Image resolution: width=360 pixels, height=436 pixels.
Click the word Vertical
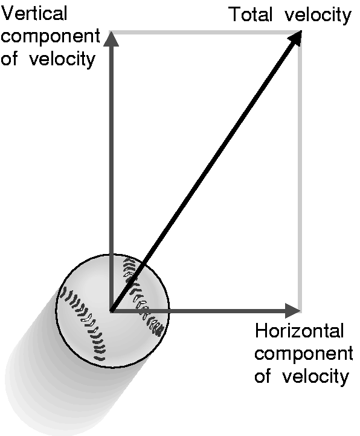[34, 13]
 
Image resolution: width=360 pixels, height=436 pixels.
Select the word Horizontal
[300, 331]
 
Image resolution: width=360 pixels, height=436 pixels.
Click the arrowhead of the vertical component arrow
[111, 39]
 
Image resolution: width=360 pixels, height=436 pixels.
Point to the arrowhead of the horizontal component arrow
[293, 311]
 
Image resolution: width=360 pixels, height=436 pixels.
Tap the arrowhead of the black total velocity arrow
[295, 38]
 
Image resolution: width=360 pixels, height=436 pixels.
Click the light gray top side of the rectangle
[205, 33]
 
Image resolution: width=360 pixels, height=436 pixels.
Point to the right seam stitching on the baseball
[142, 298]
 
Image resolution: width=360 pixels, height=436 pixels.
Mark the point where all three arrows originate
[111, 311]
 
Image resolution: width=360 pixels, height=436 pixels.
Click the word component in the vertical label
[50, 37]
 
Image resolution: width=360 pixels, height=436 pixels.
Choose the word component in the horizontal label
[304, 354]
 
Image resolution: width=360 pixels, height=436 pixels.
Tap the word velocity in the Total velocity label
[318, 15]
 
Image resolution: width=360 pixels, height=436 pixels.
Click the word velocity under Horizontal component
[315, 377]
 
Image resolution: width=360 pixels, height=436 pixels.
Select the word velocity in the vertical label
[62, 59]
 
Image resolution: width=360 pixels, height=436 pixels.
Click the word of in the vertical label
[10, 59]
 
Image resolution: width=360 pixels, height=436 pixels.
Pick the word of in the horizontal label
[263, 376]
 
